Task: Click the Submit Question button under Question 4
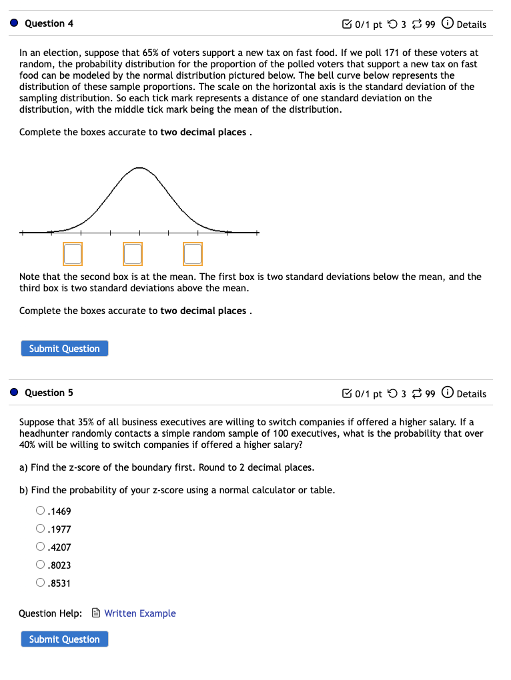tap(64, 349)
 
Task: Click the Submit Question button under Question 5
tap(64, 639)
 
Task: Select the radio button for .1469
tap(41, 511)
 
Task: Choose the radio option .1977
tap(41, 529)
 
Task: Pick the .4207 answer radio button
tap(41, 547)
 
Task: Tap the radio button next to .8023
tap(41, 565)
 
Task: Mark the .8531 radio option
tap(41, 583)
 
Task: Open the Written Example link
tap(139, 613)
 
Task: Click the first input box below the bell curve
tap(73, 253)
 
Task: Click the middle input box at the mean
tap(133, 253)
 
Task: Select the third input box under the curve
tap(193, 253)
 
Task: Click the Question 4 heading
tap(49, 23)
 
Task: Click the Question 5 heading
tap(49, 393)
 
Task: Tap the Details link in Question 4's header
tap(471, 25)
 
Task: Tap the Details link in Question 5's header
tap(471, 394)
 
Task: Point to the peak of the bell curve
tap(139, 168)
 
